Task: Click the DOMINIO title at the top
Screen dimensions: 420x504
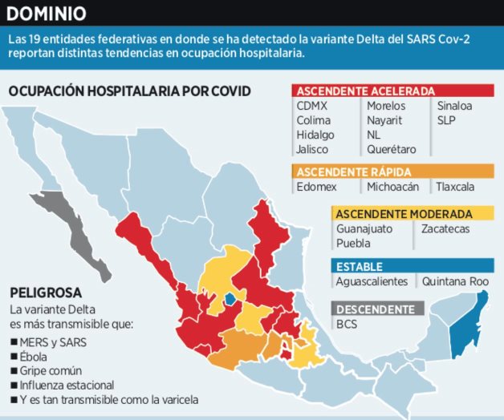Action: [x=47, y=14]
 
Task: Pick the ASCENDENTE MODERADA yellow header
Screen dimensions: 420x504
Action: [x=403, y=214]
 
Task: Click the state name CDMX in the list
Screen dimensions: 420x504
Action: [x=312, y=106]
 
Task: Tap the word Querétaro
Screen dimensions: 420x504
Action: [x=393, y=149]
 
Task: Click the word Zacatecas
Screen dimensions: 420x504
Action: [x=445, y=229]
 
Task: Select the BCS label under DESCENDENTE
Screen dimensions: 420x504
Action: [x=347, y=323]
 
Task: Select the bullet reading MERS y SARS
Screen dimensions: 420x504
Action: [x=55, y=342]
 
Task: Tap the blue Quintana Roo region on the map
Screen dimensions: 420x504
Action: [x=464, y=333]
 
